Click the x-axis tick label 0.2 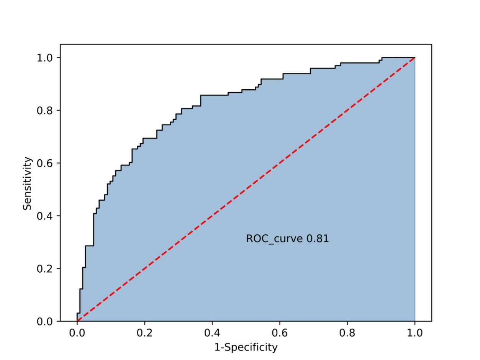[x=144, y=333]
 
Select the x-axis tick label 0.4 [x=212, y=333]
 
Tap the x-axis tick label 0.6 [x=280, y=333]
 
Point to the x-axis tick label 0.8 [x=347, y=333]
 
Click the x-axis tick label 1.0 [x=415, y=333]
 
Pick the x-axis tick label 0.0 [x=77, y=333]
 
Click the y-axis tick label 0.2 [x=44, y=268]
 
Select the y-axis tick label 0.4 [x=44, y=216]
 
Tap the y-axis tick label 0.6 [x=44, y=163]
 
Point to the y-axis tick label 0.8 [x=44, y=110]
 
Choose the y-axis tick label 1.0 [x=44, y=58]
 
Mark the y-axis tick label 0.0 [x=44, y=321]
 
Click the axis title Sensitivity [x=27, y=183]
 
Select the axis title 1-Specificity [x=246, y=347]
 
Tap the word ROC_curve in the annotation [x=274, y=239]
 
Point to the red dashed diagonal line [x=246, y=189]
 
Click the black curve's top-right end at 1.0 [x=415, y=58]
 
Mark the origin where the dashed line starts [x=77, y=321]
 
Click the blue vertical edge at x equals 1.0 [x=415, y=189]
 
